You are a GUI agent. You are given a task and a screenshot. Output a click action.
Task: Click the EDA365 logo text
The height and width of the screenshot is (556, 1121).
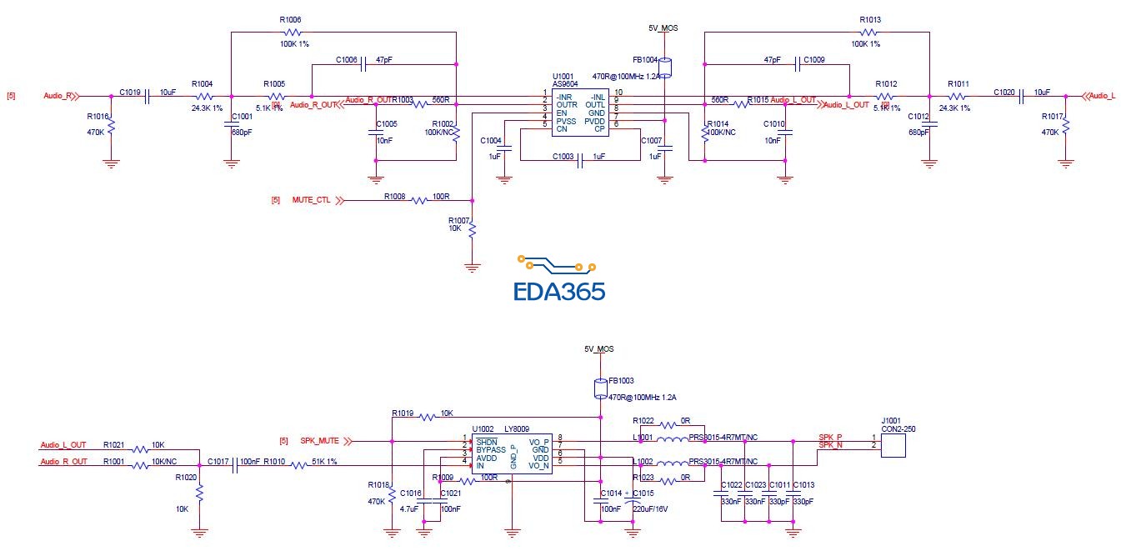(x=558, y=291)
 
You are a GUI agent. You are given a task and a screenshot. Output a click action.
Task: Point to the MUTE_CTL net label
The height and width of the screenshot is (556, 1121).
(x=311, y=201)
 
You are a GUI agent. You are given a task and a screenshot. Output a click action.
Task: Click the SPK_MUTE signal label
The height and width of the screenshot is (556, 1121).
(x=319, y=440)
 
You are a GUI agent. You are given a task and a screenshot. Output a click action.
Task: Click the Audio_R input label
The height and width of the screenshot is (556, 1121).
(x=57, y=96)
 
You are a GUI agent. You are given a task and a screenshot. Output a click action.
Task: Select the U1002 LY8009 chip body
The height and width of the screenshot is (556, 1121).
(x=513, y=453)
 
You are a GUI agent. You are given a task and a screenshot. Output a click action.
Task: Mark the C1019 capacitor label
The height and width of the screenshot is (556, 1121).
(x=130, y=92)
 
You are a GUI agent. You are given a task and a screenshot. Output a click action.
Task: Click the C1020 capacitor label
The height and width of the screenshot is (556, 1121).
(x=1003, y=92)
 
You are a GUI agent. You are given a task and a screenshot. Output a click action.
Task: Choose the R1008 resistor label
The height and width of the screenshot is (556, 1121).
(x=395, y=197)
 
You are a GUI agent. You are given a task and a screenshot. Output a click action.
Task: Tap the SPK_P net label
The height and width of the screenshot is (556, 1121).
(x=830, y=437)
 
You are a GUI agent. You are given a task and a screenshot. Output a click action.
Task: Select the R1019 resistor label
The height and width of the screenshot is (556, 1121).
(x=403, y=413)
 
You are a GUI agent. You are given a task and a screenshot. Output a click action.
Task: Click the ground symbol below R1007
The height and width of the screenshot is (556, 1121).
(x=472, y=267)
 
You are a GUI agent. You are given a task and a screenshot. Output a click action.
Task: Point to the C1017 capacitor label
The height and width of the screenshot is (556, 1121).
(x=218, y=460)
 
